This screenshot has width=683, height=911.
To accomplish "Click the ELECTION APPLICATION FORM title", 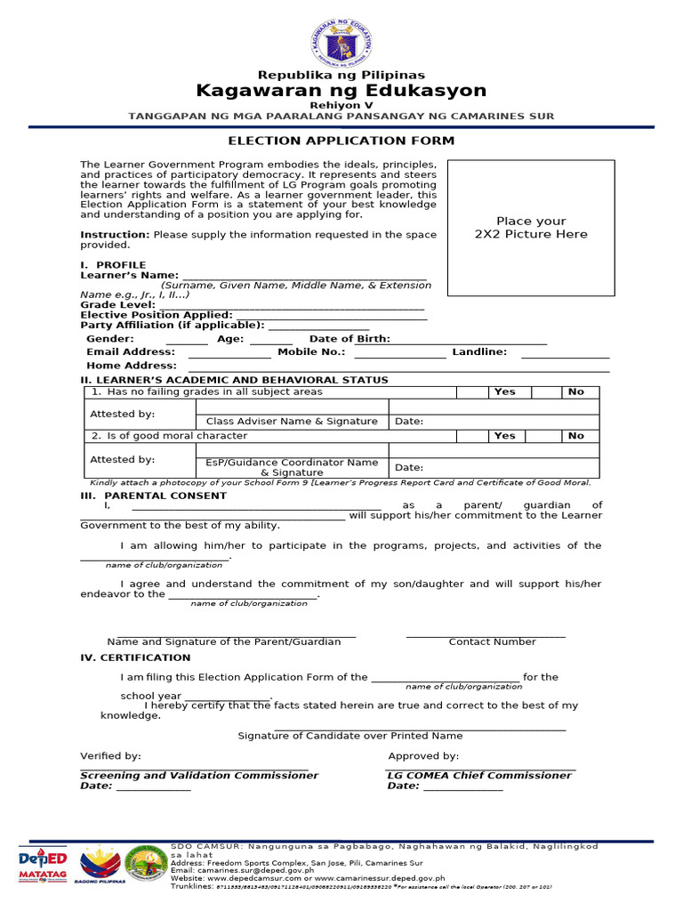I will tap(341, 141).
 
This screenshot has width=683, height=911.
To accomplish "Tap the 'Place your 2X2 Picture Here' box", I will tap(531, 228).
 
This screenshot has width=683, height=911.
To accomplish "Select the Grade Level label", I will tap(118, 304).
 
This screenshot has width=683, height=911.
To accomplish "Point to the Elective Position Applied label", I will tap(157, 315).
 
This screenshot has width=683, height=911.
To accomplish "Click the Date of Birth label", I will tap(349, 339).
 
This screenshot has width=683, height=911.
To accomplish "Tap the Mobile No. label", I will tap(311, 352).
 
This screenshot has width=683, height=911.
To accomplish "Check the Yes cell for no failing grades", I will tap(504, 391).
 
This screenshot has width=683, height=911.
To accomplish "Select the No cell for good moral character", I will tap(576, 436).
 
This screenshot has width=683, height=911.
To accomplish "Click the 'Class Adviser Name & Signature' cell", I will tap(292, 421).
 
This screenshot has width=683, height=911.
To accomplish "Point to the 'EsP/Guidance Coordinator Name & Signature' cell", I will tap(292, 467).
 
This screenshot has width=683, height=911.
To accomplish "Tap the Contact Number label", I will tap(492, 641).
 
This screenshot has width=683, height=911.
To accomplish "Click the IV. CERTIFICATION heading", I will tap(135, 657).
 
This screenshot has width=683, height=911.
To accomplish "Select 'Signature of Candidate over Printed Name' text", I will tap(350, 736).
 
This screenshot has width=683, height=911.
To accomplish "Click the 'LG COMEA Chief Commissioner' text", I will tap(479, 775).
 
